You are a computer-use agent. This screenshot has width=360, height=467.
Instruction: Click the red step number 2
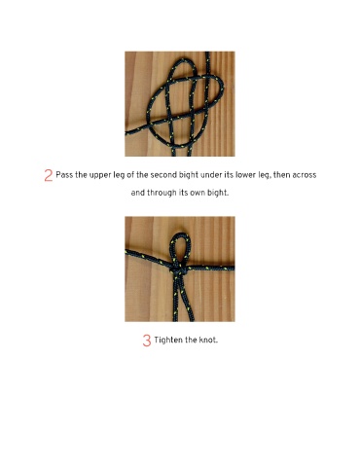pyautogui.click(x=48, y=175)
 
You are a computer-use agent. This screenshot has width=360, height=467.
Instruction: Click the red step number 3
pyautogui.click(x=147, y=341)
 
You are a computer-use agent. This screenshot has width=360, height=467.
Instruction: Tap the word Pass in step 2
pyautogui.click(x=64, y=175)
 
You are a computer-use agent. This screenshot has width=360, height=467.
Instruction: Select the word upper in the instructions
pyautogui.click(x=100, y=176)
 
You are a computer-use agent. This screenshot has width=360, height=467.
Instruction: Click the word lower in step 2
pyautogui.click(x=246, y=175)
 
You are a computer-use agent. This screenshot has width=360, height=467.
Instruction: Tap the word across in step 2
pyautogui.click(x=304, y=175)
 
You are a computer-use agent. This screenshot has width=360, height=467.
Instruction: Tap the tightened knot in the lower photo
pyautogui.click(x=177, y=270)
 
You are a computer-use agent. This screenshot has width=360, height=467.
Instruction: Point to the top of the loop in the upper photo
pyautogui.click(x=183, y=59)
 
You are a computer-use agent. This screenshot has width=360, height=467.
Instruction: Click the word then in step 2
pyautogui.click(x=282, y=175)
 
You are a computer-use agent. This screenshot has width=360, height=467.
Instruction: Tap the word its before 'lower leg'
pyautogui.click(x=229, y=175)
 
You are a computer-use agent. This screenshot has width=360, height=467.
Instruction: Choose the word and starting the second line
pyautogui.click(x=138, y=193)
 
